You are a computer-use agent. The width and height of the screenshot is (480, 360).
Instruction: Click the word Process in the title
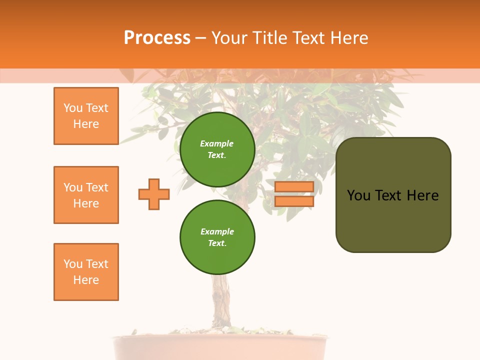coord(157,38)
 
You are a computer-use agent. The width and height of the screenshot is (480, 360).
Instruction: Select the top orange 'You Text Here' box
coord(86,116)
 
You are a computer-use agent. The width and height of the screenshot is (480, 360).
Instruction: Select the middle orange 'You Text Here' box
coord(86,195)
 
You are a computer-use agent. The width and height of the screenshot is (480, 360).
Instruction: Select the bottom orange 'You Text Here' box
coord(86,272)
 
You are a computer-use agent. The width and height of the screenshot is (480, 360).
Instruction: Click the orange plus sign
coord(154,194)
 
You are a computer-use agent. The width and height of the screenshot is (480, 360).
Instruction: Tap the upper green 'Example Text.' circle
coord(217,149)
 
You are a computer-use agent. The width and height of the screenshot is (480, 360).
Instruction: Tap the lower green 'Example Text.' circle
coord(217,237)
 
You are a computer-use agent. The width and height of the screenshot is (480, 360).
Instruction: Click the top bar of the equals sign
coord(294,187)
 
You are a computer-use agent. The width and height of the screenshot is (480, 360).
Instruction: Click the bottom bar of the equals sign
coord(294,201)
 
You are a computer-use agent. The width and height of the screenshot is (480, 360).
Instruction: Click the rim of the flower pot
coord(220,338)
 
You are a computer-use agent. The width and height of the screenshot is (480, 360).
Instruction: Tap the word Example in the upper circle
coord(217,143)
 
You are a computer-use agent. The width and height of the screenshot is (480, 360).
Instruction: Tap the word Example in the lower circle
coord(217,231)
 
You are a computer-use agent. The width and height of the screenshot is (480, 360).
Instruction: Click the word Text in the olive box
coord(388,195)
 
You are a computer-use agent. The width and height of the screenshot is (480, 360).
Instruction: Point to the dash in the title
coord(200,38)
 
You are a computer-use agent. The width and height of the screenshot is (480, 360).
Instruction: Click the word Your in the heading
coord(228,38)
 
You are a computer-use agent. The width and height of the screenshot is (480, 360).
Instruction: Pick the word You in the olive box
coord(358,195)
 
